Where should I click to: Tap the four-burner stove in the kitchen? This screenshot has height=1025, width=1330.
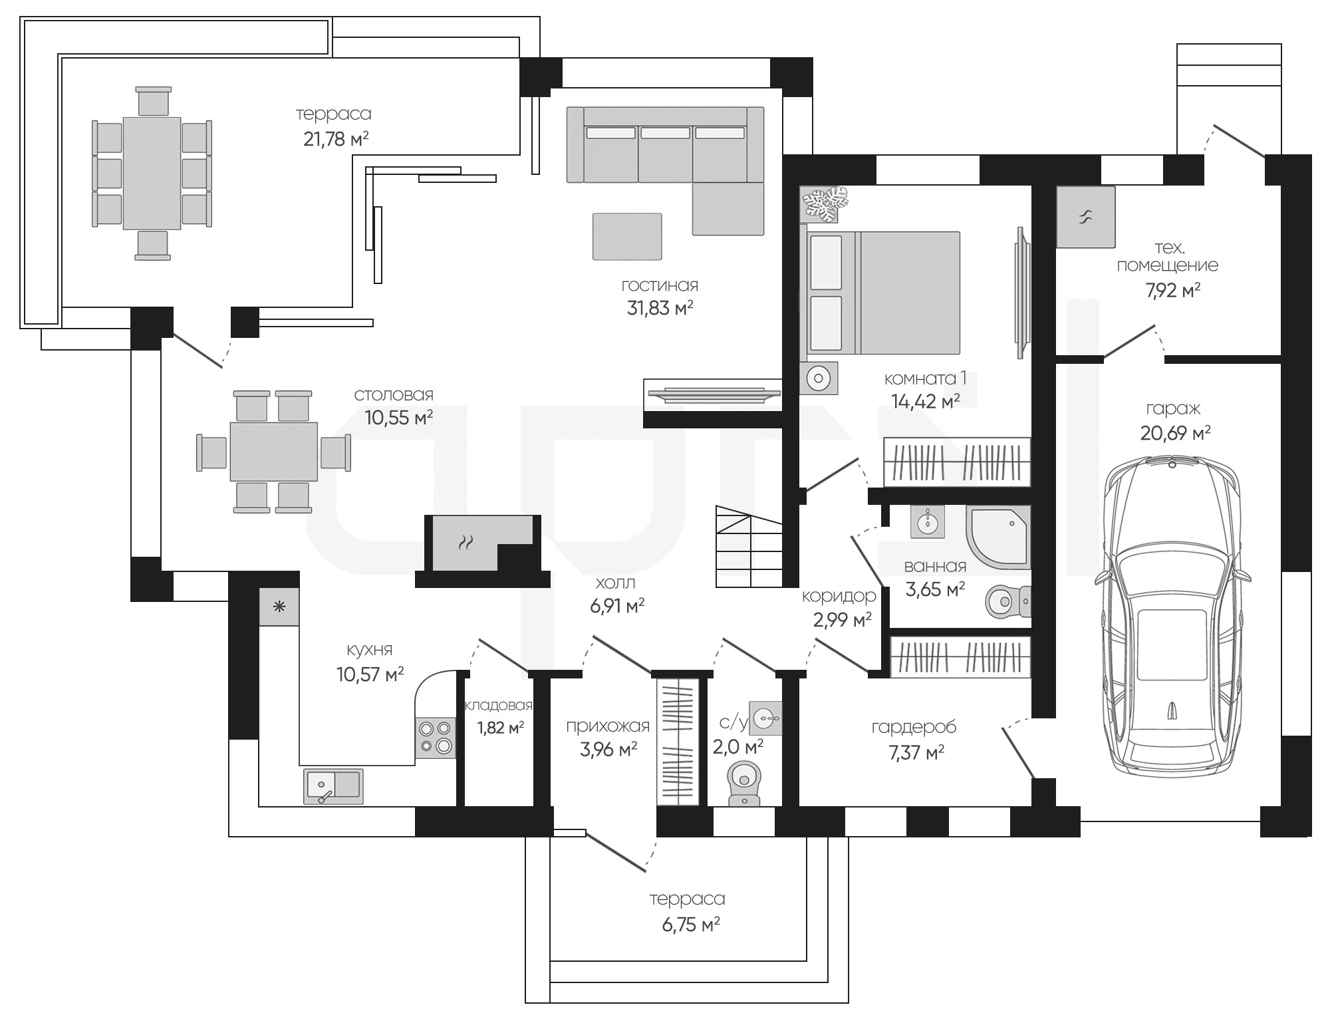[x=436, y=738]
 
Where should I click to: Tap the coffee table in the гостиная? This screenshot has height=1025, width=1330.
[x=627, y=236]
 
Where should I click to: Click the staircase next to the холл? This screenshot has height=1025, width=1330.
[x=749, y=546]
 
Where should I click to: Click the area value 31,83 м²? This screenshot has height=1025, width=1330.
[x=660, y=308]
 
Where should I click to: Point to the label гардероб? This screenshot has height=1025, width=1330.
[x=914, y=727]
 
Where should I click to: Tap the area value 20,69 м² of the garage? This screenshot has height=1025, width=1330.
[x=1175, y=433]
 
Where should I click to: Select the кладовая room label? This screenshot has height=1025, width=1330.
[x=499, y=705]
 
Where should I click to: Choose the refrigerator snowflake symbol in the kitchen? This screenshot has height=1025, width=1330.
[x=279, y=607]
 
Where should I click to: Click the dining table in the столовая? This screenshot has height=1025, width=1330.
[x=274, y=451]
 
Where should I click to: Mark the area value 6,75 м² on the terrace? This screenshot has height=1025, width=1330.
[x=691, y=925]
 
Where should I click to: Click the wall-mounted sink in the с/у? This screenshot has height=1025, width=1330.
[x=765, y=718]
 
